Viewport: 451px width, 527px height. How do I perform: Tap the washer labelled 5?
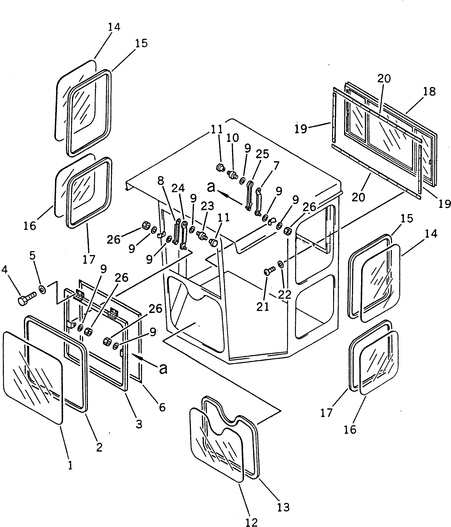click(x=42, y=289)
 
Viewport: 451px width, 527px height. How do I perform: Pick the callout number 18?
click(x=429, y=92)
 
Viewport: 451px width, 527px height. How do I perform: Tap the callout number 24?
click(x=178, y=188)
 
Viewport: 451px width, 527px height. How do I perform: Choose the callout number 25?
click(x=262, y=154)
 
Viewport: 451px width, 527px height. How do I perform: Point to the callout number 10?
click(x=233, y=138)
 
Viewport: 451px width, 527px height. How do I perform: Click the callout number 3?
click(x=139, y=424)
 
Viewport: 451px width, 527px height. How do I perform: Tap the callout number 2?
click(x=99, y=447)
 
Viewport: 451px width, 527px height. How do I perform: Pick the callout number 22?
click(x=284, y=295)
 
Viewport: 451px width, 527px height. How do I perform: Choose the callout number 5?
click(x=32, y=256)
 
